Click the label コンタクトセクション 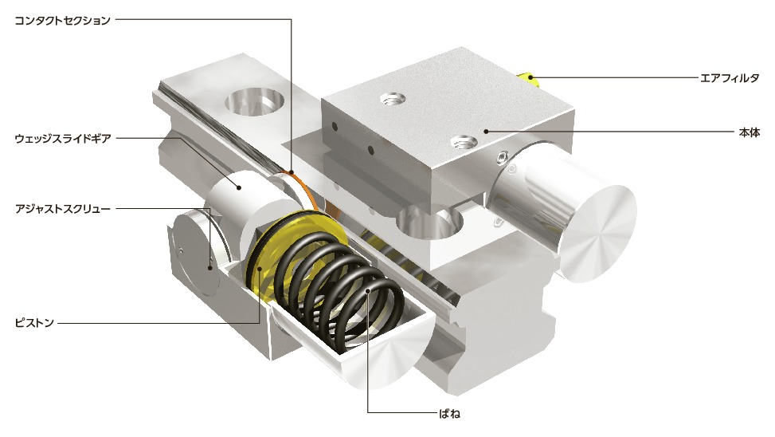pos(62,20)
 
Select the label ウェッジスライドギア pos(62,139)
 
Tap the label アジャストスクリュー pos(62,209)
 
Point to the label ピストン pos(34,323)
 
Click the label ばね pos(449,413)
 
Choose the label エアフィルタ pos(730,77)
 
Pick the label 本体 pos(749,132)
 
